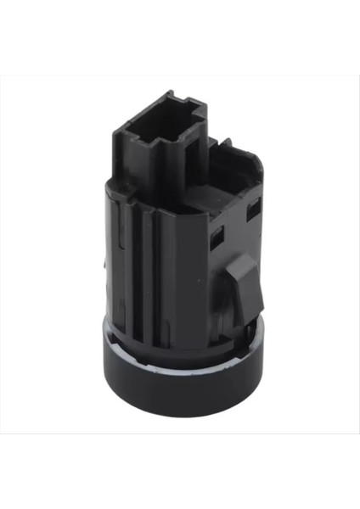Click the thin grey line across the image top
point(180,76)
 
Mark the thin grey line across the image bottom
point(180,434)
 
